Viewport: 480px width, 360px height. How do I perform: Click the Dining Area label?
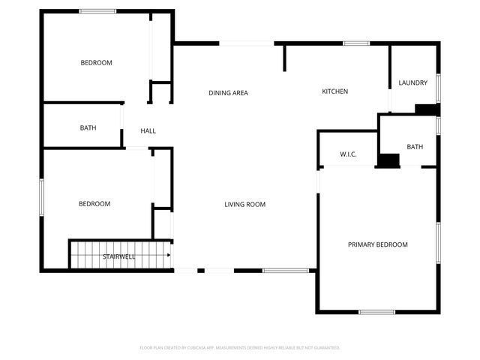point(228,93)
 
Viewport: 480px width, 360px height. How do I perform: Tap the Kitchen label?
point(334,91)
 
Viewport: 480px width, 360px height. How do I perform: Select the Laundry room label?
point(413,82)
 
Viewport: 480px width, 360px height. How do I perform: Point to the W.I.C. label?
point(348,154)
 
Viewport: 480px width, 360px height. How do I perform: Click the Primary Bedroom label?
point(377,244)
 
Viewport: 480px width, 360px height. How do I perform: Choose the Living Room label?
point(245,204)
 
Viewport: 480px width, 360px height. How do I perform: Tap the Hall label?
point(148,131)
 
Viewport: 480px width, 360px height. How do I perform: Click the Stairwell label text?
point(119,256)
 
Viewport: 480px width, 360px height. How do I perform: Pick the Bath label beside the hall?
point(88,127)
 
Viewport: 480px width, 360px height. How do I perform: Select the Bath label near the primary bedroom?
point(415,147)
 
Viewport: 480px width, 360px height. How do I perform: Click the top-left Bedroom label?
point(96,62)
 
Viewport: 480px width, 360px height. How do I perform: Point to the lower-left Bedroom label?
point(94,203)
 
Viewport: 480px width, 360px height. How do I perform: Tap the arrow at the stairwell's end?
point(169,255)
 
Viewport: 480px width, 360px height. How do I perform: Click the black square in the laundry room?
point(427,109)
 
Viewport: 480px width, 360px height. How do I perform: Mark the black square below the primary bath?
point(388,160)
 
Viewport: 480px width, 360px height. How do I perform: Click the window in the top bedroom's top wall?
point(97,11)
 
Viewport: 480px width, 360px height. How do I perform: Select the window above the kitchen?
point(357,43)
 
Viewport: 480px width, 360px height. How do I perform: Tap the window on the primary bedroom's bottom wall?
point(376,312)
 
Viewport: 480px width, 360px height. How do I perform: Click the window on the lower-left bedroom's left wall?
point(41,198)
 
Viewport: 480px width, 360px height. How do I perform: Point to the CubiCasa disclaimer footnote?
point(240,347)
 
